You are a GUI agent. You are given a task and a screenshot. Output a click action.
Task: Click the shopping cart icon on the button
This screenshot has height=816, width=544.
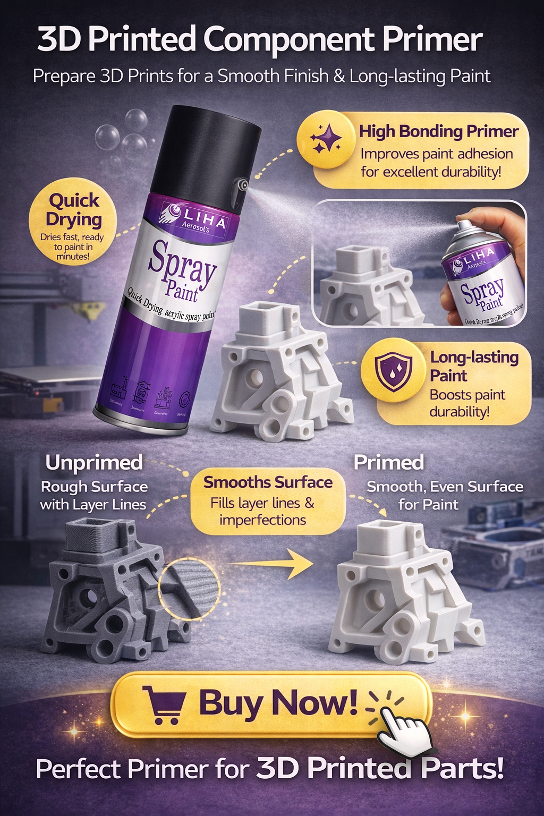tap(164, 704)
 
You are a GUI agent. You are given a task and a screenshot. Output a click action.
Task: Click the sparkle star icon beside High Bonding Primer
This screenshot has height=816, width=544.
tap(326, 139)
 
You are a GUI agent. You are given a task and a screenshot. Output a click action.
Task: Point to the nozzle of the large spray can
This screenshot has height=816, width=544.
tap(243, 185)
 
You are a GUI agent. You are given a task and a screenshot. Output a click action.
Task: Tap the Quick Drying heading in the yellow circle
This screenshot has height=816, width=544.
tap(73, 210)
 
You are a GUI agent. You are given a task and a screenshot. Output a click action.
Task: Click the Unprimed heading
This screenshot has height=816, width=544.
tap(94, 462)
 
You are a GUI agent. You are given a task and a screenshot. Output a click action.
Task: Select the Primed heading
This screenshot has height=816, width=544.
tap(389, 462)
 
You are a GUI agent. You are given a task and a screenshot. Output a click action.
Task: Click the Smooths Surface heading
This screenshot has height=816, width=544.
tap(268, 482)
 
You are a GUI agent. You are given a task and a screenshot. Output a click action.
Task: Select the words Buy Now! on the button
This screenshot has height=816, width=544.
tap(278, 702)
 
